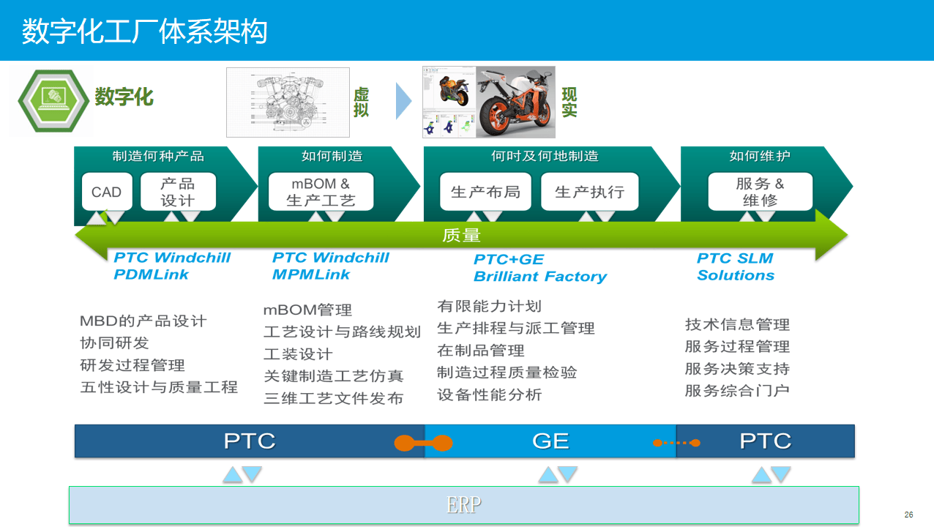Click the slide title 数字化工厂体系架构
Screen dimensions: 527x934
pyautogui.click(x=144, y=31)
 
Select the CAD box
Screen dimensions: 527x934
pyautogui.click(x=106, y=192)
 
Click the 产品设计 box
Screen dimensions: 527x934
pyautogui.click(x=178, y=192)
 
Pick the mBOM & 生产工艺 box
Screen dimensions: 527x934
pyautogui.click(x=321, y=192)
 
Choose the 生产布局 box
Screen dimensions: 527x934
pyautogui.click(x=485, y=192)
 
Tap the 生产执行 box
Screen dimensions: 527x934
pyautogui.click(x=589, y=192)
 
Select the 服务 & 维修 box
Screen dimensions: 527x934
pyautogui.click(x=760, y=192)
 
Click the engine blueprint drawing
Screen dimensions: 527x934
pyautogui.click(x=288, y=102)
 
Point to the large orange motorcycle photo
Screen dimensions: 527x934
pyautogui.click(x=515, y=102)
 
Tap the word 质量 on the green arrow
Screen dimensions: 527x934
pyautogui.click(x=461, y=235)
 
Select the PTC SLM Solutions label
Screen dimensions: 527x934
pyautogui.click(x=735, y=266)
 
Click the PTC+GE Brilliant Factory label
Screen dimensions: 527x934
pyautogui.click(x=539, y=268)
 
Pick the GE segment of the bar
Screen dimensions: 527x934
pyautogui.click(x=550, y=441)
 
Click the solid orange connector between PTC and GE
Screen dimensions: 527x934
pyautogui.click(x=423, y=443)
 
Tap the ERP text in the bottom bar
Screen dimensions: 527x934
pyautogui.click(x=463, y=505)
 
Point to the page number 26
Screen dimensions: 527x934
pyautogui.click(x=908, y=515)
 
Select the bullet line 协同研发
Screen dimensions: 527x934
pyautogui.click(x=114, y=343)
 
